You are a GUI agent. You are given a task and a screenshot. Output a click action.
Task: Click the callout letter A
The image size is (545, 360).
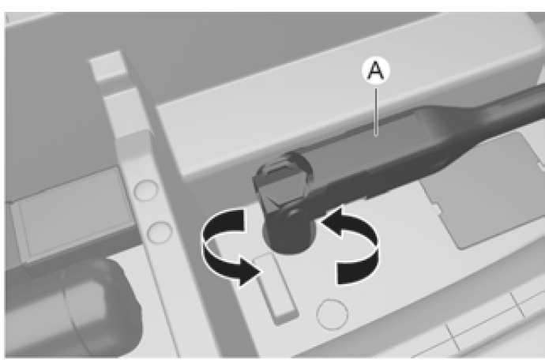tap(376, 71)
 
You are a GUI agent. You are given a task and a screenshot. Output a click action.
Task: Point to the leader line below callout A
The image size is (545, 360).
tap(376, 111)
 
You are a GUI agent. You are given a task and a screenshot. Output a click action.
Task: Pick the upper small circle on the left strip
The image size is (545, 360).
tap(146, 190)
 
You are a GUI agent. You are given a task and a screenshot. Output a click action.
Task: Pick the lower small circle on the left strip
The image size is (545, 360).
tap(160, 232)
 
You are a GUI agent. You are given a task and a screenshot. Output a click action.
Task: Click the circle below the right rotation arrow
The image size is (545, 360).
tap(333, 314)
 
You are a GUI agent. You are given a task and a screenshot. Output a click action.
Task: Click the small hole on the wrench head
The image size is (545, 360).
tap(293, 212)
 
